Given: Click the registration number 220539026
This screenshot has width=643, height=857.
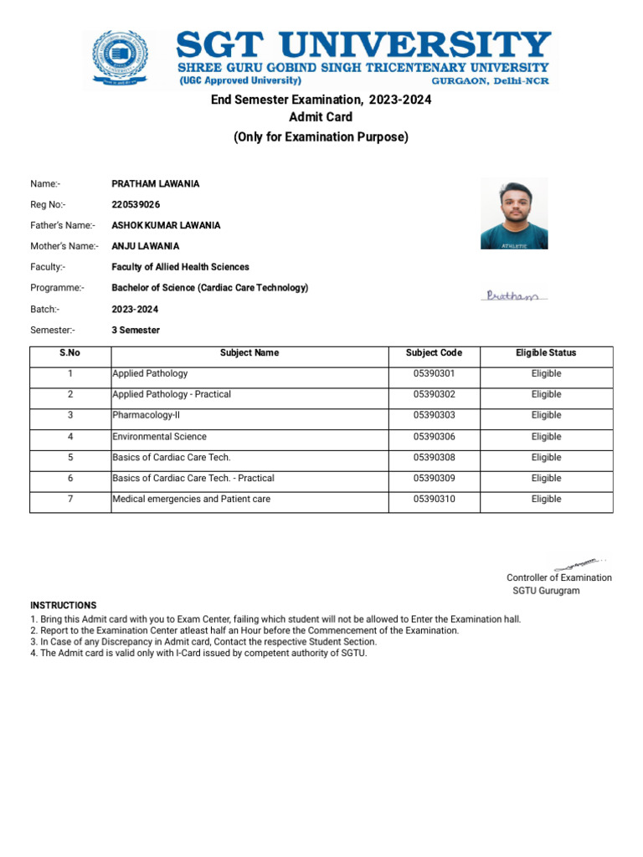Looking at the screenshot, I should point(136,204).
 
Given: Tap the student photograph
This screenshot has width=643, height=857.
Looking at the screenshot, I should point(513,213).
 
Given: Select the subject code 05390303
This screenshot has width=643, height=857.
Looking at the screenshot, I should point(434,415).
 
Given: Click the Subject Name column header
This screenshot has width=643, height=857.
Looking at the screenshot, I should point(249,353).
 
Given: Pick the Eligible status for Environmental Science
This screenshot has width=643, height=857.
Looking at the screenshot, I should point(546,436).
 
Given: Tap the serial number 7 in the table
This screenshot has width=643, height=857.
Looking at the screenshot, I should point(70,499).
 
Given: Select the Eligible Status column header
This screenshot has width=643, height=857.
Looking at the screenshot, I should point(546,353).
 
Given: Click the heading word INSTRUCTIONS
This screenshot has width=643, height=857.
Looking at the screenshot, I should point(64,605).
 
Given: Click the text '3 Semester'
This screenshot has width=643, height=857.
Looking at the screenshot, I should point(136,330).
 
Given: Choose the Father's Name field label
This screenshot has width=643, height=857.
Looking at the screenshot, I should point(63,225).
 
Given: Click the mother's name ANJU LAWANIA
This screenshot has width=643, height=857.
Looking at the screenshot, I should point(146,246).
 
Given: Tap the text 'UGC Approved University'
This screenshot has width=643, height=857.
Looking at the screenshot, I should point(239,81).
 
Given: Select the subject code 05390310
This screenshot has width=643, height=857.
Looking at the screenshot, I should point(434,499).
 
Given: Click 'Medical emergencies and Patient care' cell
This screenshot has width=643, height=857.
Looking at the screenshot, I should point(192,499).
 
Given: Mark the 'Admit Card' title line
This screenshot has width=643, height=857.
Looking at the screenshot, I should point(321,117).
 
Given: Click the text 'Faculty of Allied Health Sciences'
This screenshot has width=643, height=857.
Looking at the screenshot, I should point(180,267).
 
